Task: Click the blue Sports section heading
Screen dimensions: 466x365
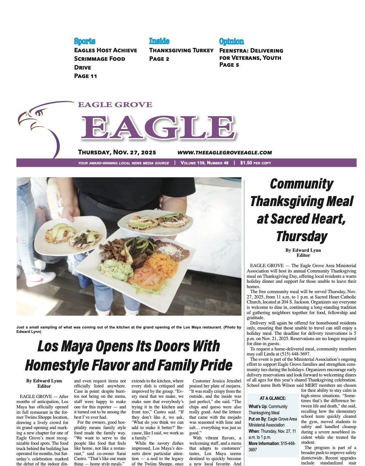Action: [x=85, y=41]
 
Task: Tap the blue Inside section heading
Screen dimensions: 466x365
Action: [x=159, y=41]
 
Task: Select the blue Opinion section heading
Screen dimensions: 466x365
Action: [x=231, y=41]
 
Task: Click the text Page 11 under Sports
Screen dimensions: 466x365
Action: [x=86, y=76]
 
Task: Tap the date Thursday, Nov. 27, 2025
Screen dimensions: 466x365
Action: [x=117, y=153]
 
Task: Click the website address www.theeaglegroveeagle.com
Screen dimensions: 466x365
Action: [x=225, y=153]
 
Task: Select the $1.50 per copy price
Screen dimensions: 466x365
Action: [x=256, y=163]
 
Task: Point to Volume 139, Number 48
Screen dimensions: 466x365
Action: [x=204, y=163]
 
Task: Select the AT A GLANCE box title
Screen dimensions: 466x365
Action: [x=273, y=398]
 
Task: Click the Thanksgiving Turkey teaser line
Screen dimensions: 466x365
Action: [x=181, y=50]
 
